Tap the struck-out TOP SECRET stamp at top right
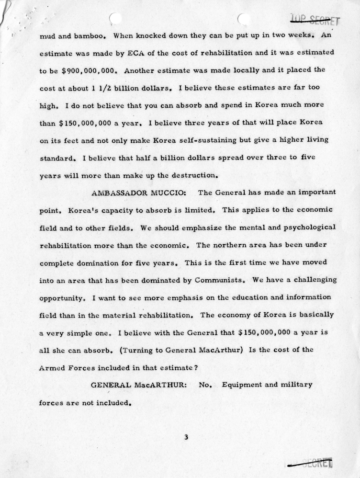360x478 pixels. [314, 20]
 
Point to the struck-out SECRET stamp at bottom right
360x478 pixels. [310, 463]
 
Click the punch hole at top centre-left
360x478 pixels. [115, 18]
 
